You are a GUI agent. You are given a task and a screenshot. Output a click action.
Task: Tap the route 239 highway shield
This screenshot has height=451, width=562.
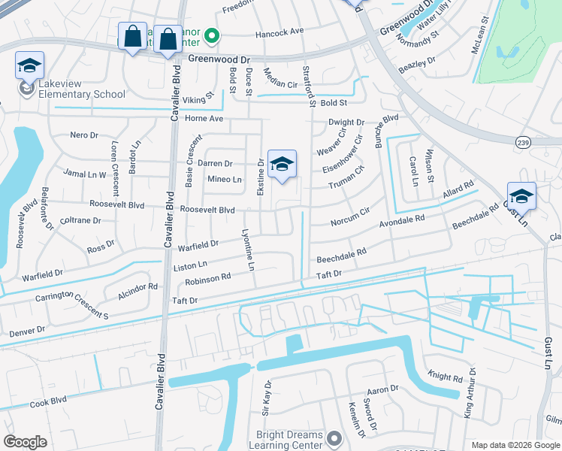pyautogui.click(x=523, y=142)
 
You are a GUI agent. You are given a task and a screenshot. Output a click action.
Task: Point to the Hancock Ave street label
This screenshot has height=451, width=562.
pyautogui.click(x=279, y=32)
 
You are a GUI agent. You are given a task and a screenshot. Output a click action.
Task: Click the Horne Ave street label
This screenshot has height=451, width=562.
pyautogui.click(x=204, y=119)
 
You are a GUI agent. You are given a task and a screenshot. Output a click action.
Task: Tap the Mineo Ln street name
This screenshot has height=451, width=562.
pyautogui.click(x=225, y=180)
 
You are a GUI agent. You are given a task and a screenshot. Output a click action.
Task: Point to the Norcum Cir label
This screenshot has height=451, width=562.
pyautogui.click(x=350, y=217)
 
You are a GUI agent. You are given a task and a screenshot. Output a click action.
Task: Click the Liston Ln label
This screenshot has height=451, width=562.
pyautogui.click(x=191, y=265)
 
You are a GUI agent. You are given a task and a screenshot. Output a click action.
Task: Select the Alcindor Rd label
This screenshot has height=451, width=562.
pyautogui.click(x=138, y=287)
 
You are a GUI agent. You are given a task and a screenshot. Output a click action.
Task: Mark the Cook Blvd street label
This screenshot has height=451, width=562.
pyautogui.click(x=49, y=403)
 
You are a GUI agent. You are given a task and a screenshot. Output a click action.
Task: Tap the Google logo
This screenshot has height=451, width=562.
pyautogui.click(x=26, y=442)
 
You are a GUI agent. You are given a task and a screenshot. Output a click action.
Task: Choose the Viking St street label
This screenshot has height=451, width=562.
pyautogui.click(x=198, y=98)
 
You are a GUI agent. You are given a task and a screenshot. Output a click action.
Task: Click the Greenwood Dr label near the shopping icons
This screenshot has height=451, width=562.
pyautogui.click(x=218, y=58)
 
